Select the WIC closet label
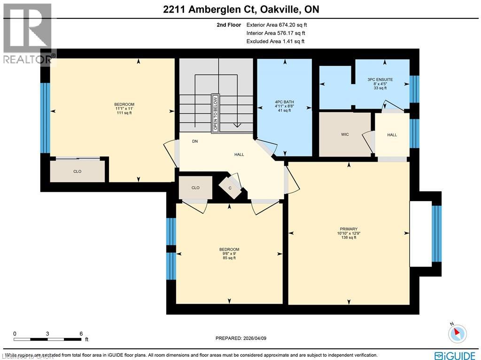[345, 135]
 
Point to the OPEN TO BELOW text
[216, 113]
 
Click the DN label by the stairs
[194, 141]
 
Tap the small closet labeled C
[230, 188]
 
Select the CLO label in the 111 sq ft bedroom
[78, 172]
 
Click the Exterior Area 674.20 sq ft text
[276, 25]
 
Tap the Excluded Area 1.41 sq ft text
[275, 41]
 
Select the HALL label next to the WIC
[392, 135]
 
